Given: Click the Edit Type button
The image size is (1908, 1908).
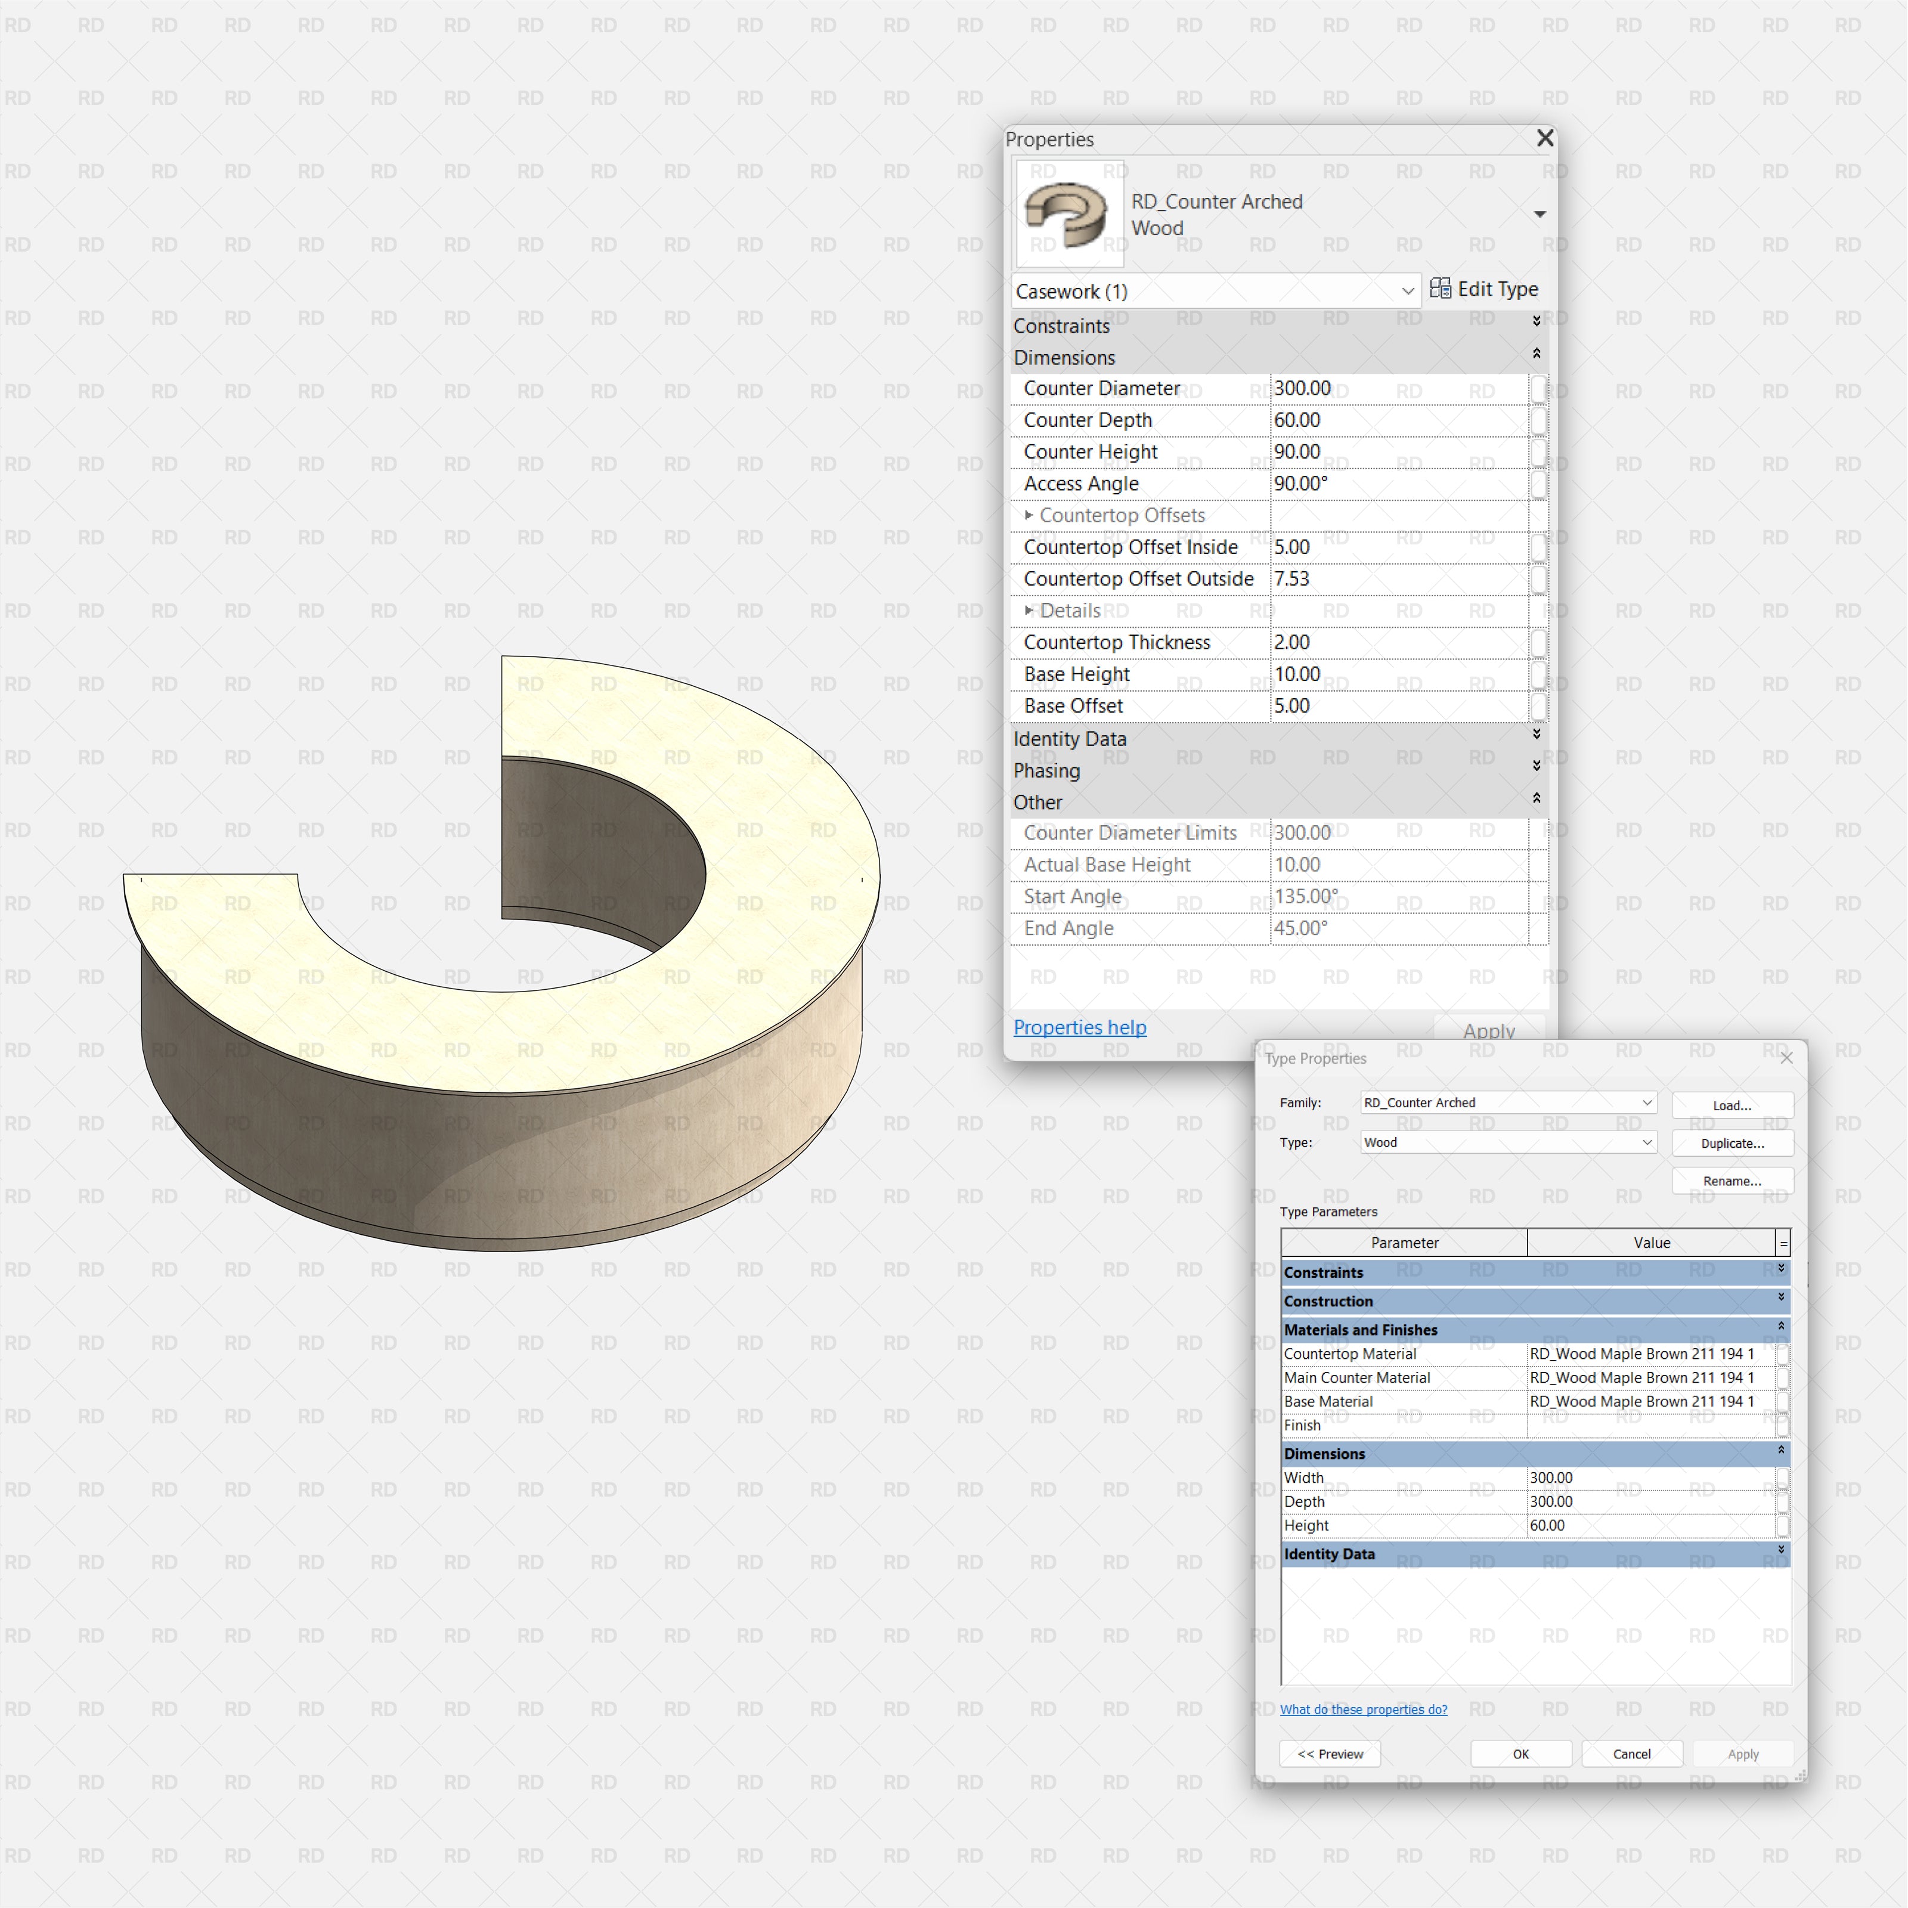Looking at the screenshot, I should click(1483, 289).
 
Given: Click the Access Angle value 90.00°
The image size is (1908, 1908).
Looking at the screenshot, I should click(1398, 484).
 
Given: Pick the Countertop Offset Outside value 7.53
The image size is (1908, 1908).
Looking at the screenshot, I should click(1398, 579).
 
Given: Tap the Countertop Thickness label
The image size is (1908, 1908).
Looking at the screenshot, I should click(1117, 643).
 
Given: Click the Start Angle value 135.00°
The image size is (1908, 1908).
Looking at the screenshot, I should click(1398, 897).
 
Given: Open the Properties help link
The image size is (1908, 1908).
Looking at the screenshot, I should click(1079, 1027).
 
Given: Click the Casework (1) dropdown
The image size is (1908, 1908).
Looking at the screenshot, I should click(1215, 292).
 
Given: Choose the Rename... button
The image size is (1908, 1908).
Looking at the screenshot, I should click(1732, 1181).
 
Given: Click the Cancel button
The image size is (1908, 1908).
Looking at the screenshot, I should click(1631, 1754).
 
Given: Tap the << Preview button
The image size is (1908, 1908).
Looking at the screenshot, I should click(1329, 1754).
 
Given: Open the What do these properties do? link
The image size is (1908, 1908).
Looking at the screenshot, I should click(1363, 1709).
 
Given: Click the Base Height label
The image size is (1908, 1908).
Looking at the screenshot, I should click(1076, 674).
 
